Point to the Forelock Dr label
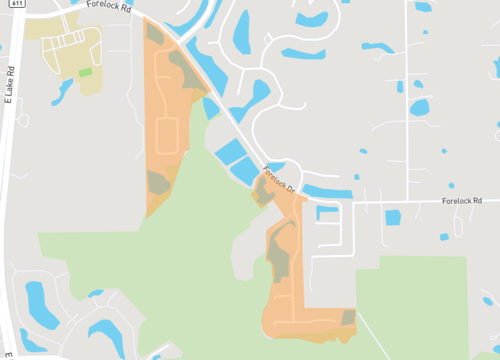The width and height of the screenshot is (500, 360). [278, 180]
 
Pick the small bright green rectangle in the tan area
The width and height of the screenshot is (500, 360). [86, 72]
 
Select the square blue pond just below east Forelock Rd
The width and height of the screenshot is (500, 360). [393, 217]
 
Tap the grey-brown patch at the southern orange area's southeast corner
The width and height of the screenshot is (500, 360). [348, 317]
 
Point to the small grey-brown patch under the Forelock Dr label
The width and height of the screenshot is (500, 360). [262, 191]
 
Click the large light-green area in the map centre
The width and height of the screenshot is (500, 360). [180, 250]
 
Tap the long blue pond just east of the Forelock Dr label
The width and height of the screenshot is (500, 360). [325, 190]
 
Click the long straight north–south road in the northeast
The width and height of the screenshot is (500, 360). [408, 100]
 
